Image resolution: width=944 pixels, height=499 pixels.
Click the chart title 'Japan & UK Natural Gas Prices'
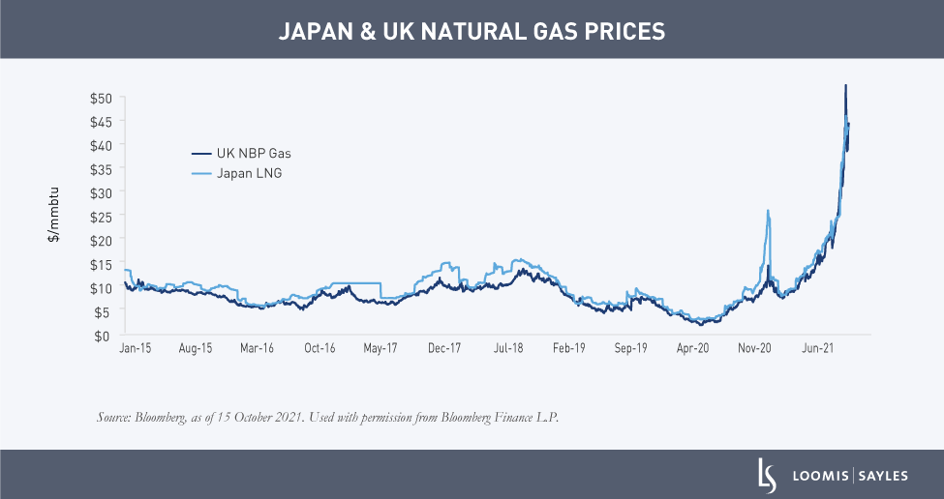472,30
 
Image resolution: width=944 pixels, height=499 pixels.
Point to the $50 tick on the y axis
102,99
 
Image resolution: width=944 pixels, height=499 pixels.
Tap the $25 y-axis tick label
102,217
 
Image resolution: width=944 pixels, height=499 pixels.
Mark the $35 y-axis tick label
102,169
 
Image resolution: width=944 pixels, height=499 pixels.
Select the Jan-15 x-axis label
135,347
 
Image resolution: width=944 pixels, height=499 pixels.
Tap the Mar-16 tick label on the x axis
257,347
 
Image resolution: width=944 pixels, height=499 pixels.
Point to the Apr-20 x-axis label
692,347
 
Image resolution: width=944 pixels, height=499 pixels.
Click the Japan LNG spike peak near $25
768,211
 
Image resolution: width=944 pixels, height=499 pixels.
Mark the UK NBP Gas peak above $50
845,86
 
